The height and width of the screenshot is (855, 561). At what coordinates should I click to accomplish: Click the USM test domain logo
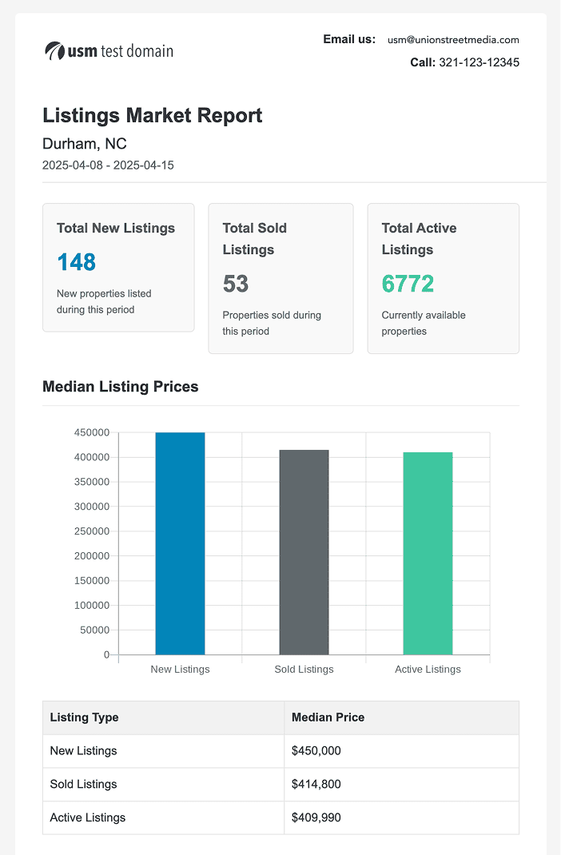point(109,51)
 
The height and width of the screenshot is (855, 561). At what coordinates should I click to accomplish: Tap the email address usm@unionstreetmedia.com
point(453,39)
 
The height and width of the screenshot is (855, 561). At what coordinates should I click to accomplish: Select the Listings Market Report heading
point(152,115)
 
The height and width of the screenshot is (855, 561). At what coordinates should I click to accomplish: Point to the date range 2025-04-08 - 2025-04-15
point(108,165)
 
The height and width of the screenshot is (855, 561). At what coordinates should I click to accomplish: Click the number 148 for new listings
point(76,262)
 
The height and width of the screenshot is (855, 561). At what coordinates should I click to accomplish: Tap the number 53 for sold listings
point(236,284)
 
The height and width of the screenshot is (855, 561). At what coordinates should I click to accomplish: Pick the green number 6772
point(408,284)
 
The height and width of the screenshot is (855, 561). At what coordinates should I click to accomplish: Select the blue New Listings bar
point(180,543)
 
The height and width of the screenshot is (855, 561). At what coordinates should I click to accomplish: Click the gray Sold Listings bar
point(304,552)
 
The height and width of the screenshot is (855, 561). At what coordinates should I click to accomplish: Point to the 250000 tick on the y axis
point(91,531)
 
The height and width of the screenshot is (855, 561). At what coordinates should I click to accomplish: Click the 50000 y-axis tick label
point(93,630)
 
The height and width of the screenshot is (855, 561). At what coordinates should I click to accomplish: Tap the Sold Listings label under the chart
point(304,669)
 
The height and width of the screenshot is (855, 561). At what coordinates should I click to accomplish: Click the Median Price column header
point(328,718)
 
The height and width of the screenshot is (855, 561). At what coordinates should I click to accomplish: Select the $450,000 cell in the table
point(316,751)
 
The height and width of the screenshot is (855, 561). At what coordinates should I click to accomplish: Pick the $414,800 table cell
point(316,785)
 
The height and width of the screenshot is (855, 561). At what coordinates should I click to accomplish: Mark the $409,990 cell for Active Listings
point(316,817)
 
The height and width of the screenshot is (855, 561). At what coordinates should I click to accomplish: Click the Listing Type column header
point(84,718)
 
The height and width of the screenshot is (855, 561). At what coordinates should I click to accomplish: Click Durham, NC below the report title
point(84,144)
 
